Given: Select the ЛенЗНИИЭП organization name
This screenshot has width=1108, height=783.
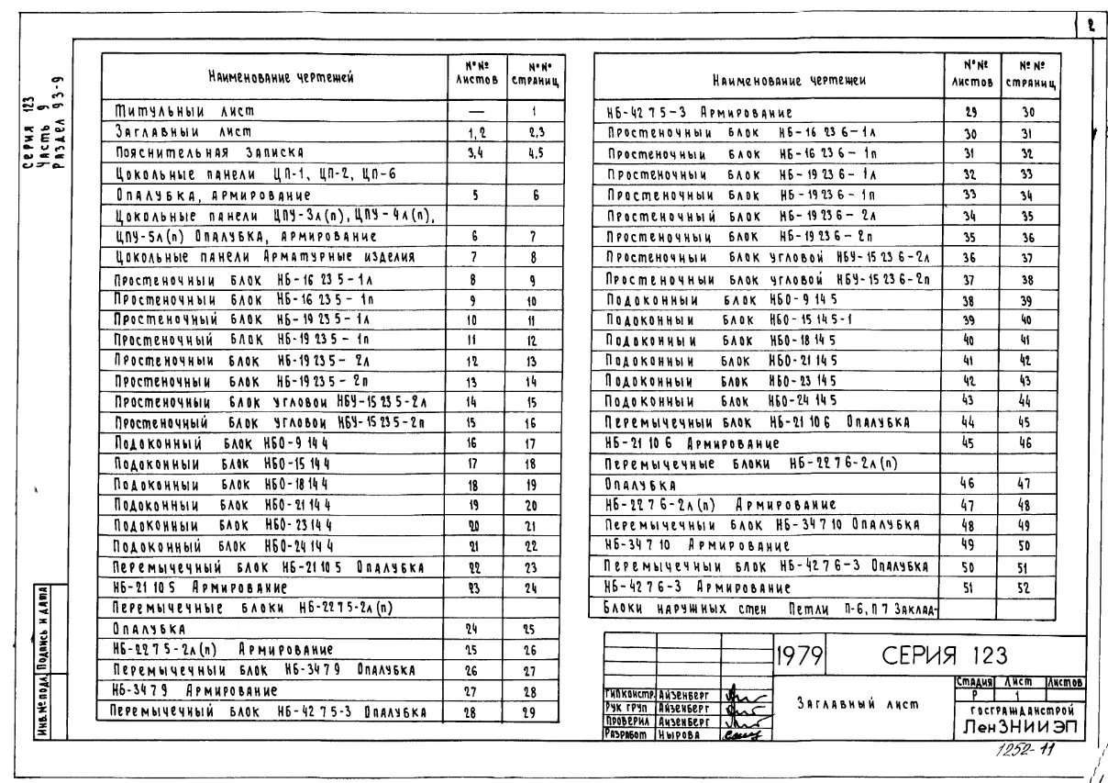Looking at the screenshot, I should click(1015, 726).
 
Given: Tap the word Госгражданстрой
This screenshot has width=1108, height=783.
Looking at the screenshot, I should click(1015, 710).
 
